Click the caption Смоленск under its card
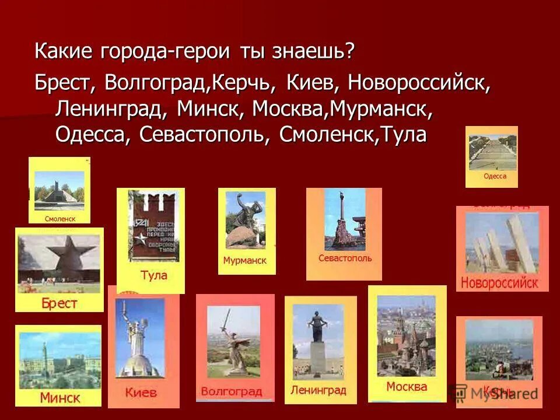(x=60, y=219)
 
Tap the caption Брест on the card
(x=59, y=303)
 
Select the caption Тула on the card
(x=154, y=275)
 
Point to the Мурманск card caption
(x=244, y=261)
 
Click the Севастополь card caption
(x=345, y=258)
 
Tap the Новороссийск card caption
(x=499, y=283)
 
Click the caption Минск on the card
(x=60, y=398)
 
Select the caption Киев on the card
(x=141, y=393)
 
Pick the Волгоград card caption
(x=232, y=391)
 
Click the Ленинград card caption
(x=318, y=390)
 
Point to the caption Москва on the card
(x=407, y=386)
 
